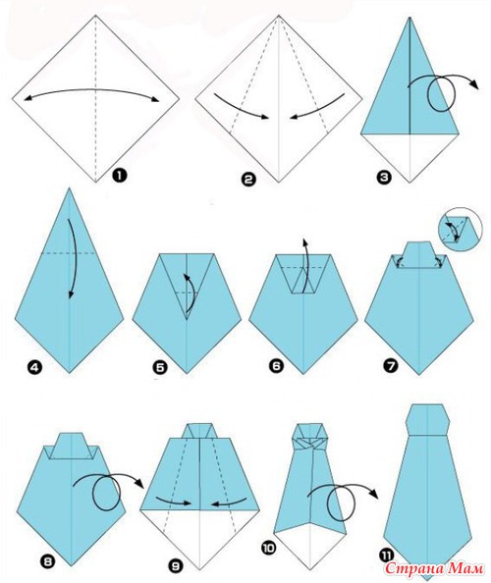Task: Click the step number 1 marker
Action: pos(120,175)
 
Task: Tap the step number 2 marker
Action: pos(248,179)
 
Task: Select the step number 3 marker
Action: pos(384,177)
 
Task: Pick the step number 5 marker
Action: pos(159,367)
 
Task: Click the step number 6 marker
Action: pos(276,366)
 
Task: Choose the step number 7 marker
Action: pos(391,366)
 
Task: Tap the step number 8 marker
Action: pos(48,561)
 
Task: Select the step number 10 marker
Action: pos(268,547)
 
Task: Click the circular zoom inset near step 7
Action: pos(461,230)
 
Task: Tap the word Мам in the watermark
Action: pos(466,568)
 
